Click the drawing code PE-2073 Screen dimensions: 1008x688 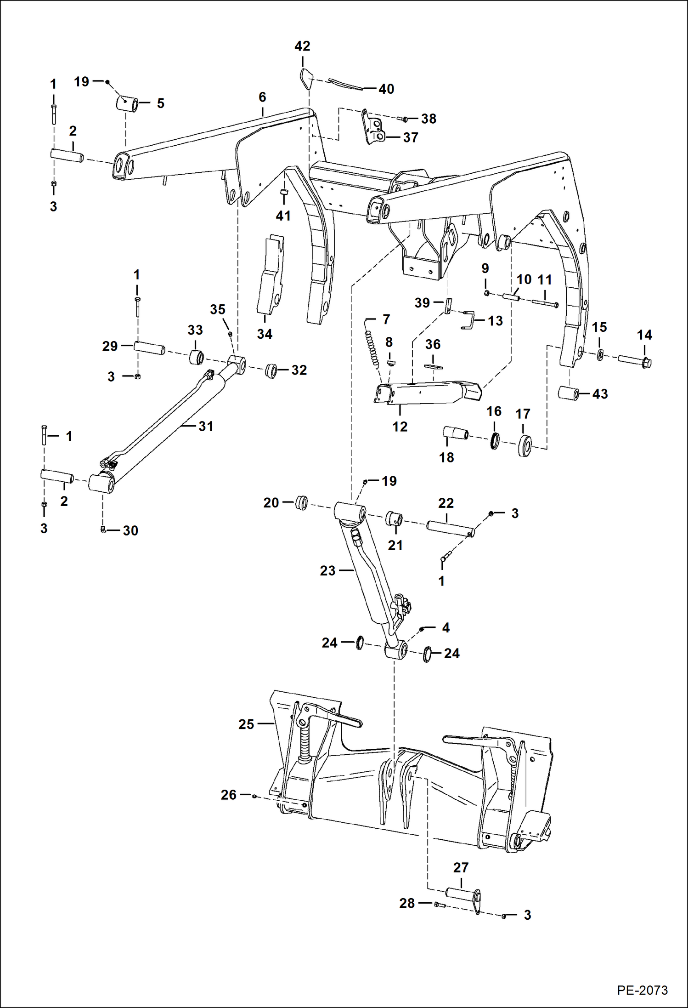point(642,990)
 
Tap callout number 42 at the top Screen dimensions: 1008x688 point(302,46)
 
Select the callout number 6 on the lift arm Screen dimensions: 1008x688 point(262,97)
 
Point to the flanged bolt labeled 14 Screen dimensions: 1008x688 point(634,361)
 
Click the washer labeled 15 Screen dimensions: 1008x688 point(600,354)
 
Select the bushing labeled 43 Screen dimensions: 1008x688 point(568,393)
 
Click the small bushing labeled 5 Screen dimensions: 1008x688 point(127,103)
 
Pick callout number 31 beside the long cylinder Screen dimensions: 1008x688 point(206,426)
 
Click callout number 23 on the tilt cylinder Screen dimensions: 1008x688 point(327,570)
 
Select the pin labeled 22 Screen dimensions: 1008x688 point(450,527)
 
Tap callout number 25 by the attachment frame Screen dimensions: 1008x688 point(246,724)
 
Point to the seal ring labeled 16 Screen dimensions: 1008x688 point(495,441)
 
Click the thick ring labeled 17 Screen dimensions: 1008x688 point(524,444)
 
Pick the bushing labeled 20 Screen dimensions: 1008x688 point(302,502)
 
